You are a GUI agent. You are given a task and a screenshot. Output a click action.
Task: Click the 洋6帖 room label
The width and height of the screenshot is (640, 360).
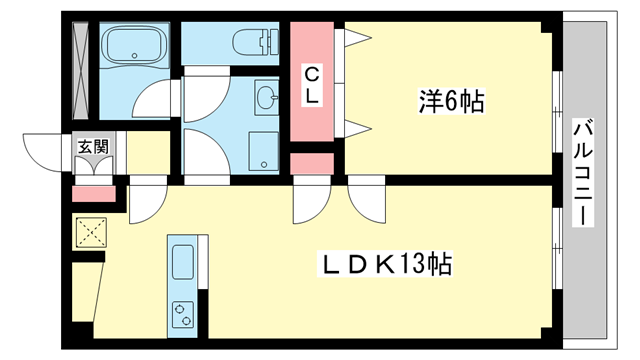click(451, 101)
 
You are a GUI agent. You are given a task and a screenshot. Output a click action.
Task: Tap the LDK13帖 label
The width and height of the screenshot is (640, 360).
click(385, 265)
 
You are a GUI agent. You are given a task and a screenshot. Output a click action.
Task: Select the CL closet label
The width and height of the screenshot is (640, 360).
click(312, 84)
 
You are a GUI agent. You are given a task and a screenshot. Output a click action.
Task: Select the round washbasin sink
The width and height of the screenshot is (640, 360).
click(266, 98)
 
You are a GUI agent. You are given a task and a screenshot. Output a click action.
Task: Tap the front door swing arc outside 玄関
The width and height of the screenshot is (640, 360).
click(42, 152)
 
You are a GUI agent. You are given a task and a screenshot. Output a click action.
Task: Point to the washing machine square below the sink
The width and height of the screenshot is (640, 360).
click(264, 147)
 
